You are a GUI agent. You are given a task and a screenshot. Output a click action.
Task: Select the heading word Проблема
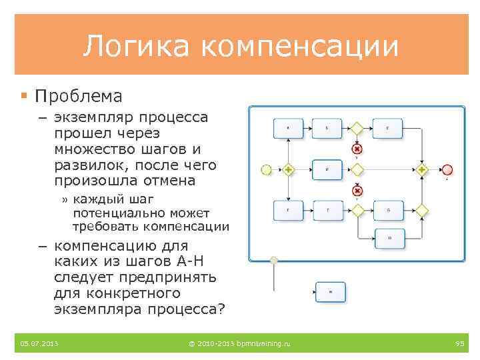[x=79, y=97]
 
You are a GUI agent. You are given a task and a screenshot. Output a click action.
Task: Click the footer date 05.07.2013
[x=39, y=343]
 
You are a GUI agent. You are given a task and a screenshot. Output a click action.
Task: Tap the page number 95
[x=459, y=343]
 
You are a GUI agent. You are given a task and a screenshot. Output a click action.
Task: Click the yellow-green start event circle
[x=266, y=169]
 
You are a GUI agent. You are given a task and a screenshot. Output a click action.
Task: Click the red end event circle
[x=447, y=169]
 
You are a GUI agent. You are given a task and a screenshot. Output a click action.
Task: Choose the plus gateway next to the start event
[x=288, y=169]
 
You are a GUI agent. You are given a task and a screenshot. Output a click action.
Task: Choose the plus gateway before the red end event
[x=422, y=169]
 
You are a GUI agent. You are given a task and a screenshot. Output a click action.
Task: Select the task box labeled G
[x=388, y=211]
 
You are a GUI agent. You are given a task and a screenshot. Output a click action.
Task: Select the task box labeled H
[x=388, y=237]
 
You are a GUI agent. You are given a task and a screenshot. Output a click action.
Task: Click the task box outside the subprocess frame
[x=329, y=291]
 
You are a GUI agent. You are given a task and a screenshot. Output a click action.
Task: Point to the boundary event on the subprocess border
[x=273, y=259]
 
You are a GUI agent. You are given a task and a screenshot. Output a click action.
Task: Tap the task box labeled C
[x=388, y=127]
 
